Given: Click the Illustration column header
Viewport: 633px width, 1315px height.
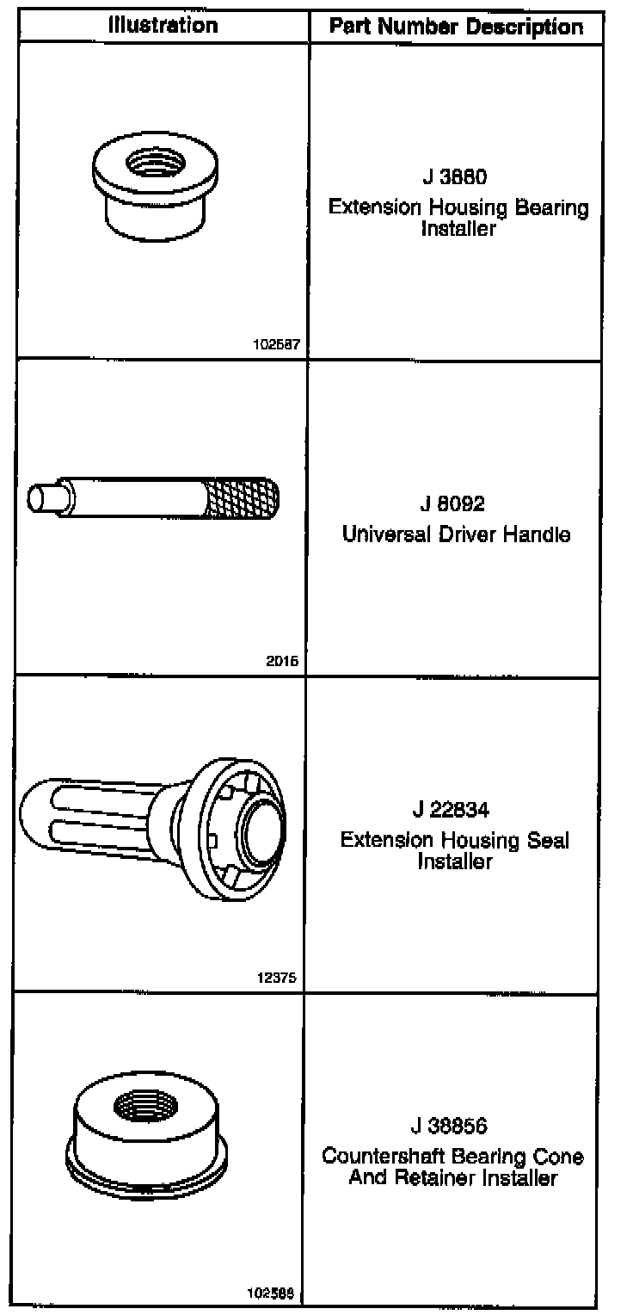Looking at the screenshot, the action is click(x=163, y=25).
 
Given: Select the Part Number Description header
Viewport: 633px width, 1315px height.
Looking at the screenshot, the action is click(x=455, y=27).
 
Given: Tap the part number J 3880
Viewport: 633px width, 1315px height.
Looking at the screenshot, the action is click(x=455, y=178).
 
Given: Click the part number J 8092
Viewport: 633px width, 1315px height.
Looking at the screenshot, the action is click(x=455, y=503).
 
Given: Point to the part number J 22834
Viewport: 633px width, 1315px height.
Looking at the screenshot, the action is click(x=455, y=810).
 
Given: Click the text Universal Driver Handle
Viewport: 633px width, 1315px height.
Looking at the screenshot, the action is click(x=456, y=534).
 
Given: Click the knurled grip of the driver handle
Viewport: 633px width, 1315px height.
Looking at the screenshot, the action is click(x=243, y=499).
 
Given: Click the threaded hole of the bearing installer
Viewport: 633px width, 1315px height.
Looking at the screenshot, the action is click(x=151, y=162).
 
